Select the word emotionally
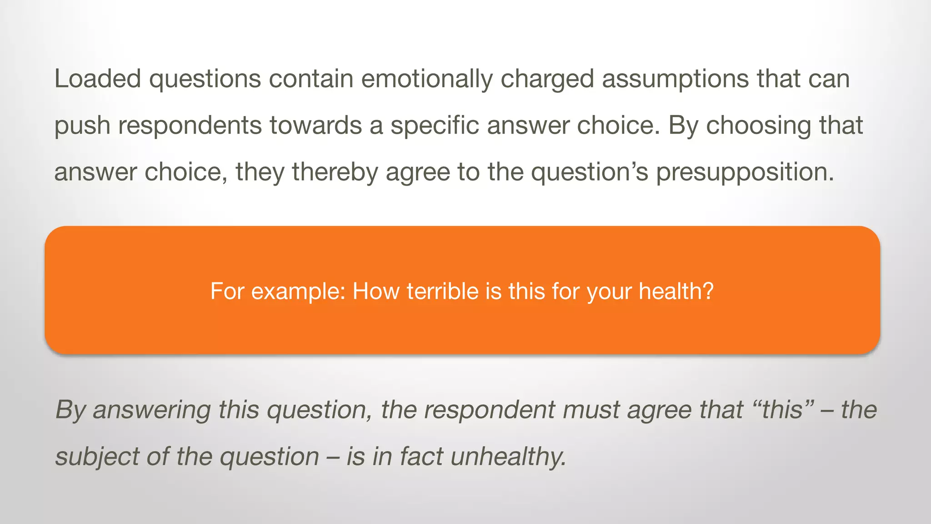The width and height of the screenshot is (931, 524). click(x=426, y=79)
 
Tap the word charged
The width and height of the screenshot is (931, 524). click(x=547, y=79)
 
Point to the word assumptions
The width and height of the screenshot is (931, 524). click(x=676, y=79)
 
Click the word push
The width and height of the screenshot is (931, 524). click(x=82, y=126)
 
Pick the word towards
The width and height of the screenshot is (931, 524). click(x=315, y=125)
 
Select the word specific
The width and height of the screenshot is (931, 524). click(x=435, y=125)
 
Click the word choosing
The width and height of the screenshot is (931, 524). click(x=758, y=126)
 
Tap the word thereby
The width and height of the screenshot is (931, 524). click(x=335, y=172)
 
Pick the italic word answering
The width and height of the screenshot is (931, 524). click(x=152, y=410)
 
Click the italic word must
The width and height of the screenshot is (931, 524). click(x=591, y=409)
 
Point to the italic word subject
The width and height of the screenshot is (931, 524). click(x=97, y=456)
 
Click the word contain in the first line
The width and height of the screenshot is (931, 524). click(x=311, y=79)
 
